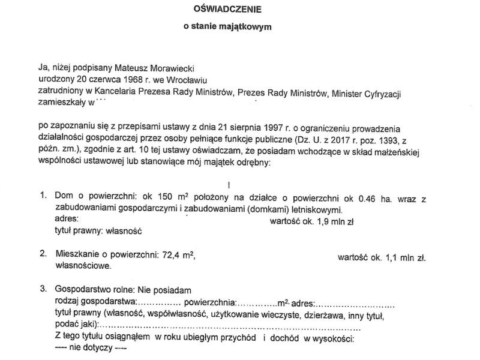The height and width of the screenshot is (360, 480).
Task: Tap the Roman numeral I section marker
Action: [229, 185]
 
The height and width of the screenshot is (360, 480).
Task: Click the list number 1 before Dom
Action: [43, 197]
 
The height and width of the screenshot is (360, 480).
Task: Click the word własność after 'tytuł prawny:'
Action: [128, 230]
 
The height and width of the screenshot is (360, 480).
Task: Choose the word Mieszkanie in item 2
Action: [77, 255]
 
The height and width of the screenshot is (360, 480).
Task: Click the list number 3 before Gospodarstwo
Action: [43, 289]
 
